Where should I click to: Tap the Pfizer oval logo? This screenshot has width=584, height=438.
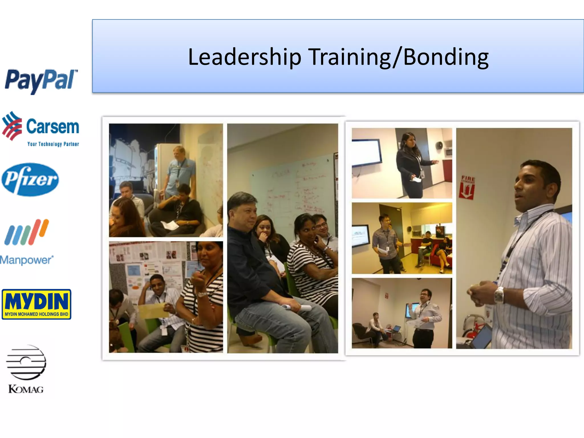(30, 180)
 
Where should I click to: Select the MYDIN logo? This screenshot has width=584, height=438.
(36, 304)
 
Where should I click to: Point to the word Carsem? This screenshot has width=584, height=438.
(52, 127)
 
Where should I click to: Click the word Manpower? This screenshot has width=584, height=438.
(27, 260)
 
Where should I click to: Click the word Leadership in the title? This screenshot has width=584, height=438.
(245, 57)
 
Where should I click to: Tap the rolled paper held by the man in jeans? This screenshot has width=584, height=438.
(297, 307)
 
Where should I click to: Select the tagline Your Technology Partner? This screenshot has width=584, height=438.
(53, 144)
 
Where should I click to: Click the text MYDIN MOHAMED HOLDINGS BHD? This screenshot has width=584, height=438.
(36, 314)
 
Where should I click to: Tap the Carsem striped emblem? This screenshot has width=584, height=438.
(12, 126)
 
